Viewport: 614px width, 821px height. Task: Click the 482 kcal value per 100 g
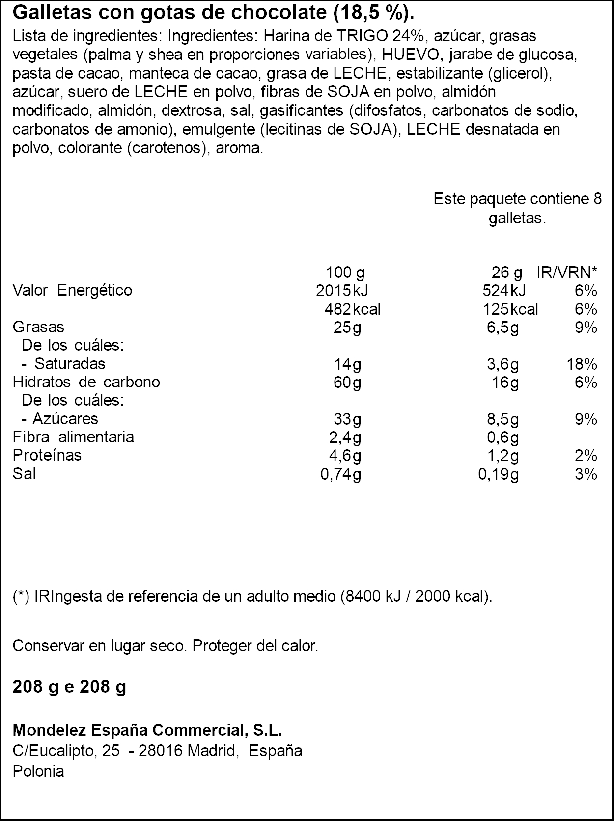(352, 309)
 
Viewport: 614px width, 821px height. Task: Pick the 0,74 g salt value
(340, 474)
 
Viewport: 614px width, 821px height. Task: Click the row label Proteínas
(47, 455)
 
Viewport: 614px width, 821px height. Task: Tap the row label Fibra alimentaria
(73, 437)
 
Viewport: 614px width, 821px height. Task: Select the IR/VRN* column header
(567, 272)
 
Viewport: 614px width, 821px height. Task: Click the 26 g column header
(507, 272)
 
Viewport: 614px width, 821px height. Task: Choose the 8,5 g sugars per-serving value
(502, 419)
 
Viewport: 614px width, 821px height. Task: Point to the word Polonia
(38, 771)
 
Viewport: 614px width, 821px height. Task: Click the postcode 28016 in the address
(161, 751)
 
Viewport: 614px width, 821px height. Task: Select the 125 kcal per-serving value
(510, 309)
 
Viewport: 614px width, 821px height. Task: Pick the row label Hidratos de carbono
(86, 382)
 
